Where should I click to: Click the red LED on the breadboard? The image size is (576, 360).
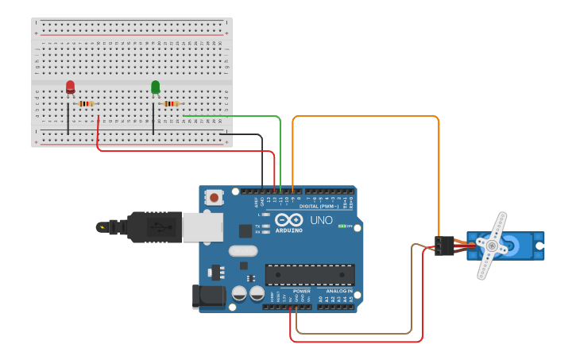coord(70,87)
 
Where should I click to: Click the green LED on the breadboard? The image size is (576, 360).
coord(155,87)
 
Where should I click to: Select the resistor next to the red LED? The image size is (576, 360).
coord(86,103)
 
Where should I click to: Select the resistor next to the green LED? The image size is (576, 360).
coord(171,103)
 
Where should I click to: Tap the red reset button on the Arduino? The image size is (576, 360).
coord(214,196)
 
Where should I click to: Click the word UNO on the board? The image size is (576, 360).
coord(321,220)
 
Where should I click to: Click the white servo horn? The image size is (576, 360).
coord(492,246)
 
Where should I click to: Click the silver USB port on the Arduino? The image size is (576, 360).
coord(202,226)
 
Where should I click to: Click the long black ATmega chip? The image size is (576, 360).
coord(310,274)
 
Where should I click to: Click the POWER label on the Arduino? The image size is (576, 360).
coord(302,291)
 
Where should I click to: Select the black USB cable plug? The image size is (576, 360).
coord(155,226)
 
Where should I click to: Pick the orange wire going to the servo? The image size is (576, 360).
coord(365,117)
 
